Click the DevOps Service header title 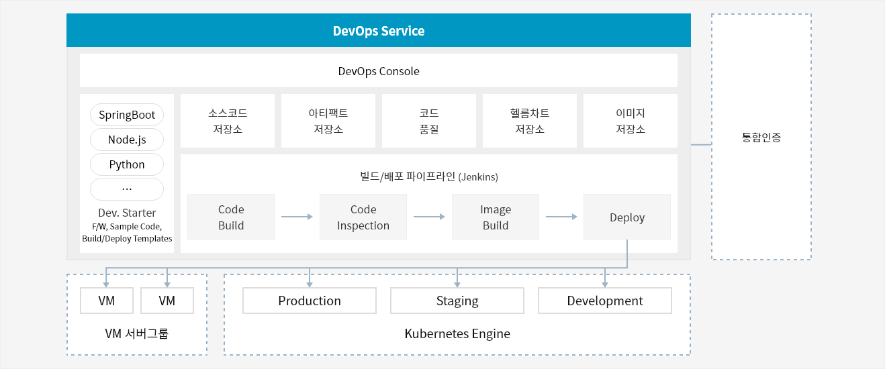click(379, 31)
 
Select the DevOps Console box click(379, 70)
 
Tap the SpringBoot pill click(127, 115)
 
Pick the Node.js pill click(127, 140)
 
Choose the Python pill click(127, 164)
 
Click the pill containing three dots click(127, 189)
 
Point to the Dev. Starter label click(127, 213)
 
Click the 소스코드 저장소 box click(228, 121)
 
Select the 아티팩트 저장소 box click(328, 121)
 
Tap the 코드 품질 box click(429, 121)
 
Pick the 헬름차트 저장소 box click(530, 121)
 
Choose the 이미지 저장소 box click(631, 121)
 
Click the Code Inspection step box click(363, 217)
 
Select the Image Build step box click(496, 217)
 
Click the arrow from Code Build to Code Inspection click(297, 217)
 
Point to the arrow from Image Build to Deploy click(561, 217)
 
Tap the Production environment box click(310, 301)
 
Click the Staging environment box click(457, 301)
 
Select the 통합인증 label click(761, 138)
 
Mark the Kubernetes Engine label click(457, 334)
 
